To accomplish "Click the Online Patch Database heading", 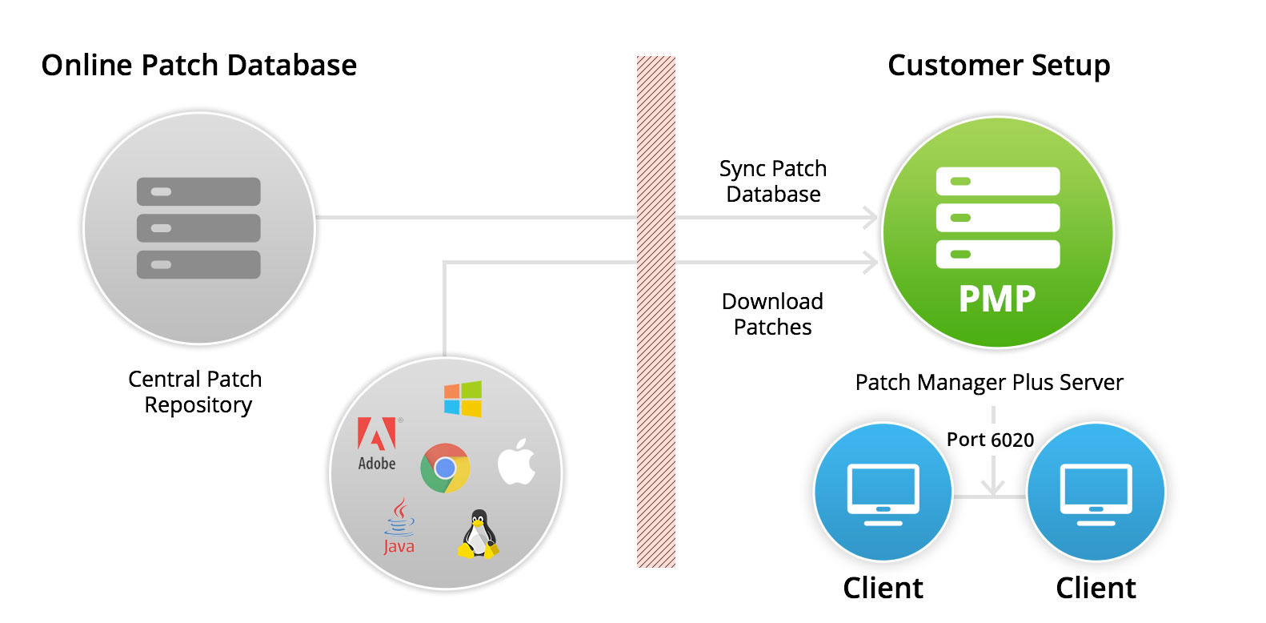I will coord(198,66).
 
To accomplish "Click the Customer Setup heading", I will coord(999,66).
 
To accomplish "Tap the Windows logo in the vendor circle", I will coord(463,399).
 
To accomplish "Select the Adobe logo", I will coord(377,444).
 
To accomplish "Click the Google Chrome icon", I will coord(445,468).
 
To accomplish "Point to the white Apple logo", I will coord(516,461).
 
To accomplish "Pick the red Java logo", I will coord(399,527).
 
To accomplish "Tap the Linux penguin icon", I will coord(478,534).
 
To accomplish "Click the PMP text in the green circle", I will coord(997,299).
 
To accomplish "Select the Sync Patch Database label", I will coord(773,181).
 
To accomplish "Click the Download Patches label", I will coord(772,314).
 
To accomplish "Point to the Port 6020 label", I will coord(990,440).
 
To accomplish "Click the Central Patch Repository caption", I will coord(196,392).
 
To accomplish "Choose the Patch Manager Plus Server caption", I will coord(989,382).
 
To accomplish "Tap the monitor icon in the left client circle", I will coord(883,494).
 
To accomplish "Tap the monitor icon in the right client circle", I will coord(1096,494).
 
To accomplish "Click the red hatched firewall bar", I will coord(656,312).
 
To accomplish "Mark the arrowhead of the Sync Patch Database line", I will coord(871,217).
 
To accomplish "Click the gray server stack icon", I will coord(198,228).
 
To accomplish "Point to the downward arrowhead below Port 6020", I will coord(993,487).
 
